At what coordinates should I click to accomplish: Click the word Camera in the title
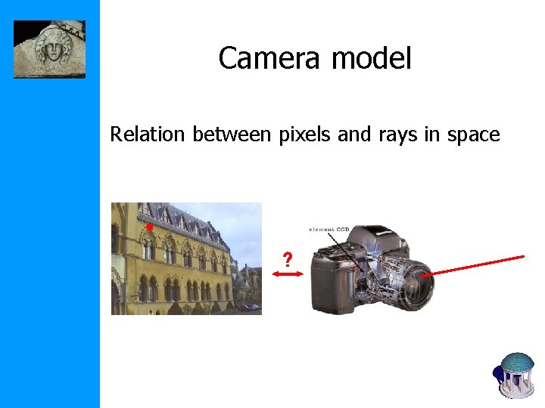tap(261, 58)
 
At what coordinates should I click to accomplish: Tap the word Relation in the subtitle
tap(148, 134)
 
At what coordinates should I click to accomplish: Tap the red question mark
tap(287, 261)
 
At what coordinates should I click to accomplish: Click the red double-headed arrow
tap(287, 277)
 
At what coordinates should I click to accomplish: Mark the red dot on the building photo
tap(150, 227)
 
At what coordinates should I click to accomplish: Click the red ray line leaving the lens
tap(477, 265)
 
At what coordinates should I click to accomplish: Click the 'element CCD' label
tap(329, 229)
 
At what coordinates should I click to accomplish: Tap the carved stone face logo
tap(49, 49)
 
